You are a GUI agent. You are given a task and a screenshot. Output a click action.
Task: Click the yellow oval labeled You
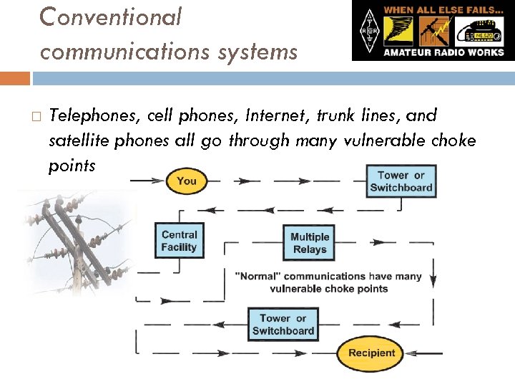click(x=186, y=181)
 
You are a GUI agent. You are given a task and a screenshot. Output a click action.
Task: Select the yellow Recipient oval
click(x=371, y=353)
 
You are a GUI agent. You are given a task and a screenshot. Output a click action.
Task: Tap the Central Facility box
click(x=179, y=241)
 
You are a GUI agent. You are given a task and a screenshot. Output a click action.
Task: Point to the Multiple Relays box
click(x=310, y=243)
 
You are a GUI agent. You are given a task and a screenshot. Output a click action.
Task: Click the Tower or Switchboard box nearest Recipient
click(x=283, y=324)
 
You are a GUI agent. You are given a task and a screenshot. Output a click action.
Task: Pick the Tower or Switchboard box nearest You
click(x=401, y=181)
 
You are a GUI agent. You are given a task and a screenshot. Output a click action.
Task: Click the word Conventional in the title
click(x=111, y=16)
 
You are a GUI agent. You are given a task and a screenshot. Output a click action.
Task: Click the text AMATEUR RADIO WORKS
click(x=444, y=52)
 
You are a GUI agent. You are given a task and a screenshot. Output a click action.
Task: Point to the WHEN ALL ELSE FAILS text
click(x=443, y=11)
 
